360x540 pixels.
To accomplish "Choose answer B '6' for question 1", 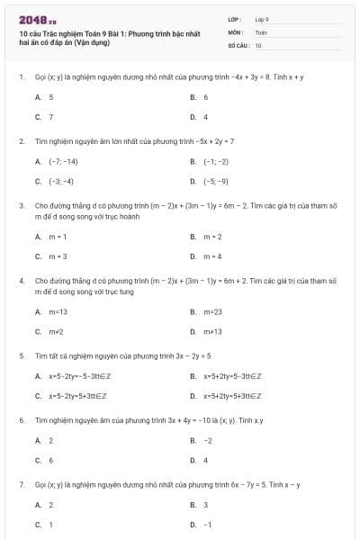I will (x=206, y=96).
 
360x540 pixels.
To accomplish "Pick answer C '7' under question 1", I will (x=51, y=117).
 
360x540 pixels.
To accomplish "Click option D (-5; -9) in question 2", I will (x=216, y=181).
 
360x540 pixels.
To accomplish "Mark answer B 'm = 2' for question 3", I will (x=212, y=237).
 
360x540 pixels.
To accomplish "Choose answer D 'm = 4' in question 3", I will (x=212, y=256).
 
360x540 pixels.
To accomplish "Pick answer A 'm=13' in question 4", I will (x=58, y=311).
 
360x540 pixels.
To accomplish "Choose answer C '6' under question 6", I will (x=51, y=460).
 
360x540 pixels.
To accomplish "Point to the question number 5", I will (x=21, y=355).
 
